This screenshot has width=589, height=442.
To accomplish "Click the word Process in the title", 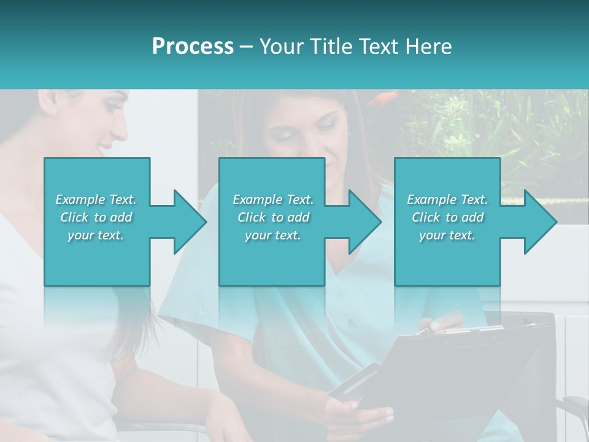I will pyautogui.click(x=193, y=46).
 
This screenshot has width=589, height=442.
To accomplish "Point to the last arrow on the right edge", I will pyautogui.click(x=532, y=221).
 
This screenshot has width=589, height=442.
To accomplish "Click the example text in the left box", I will pyautogui.click(x=96, y=217).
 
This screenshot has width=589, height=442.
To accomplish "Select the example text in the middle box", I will pyautogui.click(x=273, y=217).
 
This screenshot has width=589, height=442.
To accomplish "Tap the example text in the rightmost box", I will pyautogui.click(x=447, y=217).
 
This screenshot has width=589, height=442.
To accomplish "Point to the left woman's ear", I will pyautogui.click(x=48, y=105).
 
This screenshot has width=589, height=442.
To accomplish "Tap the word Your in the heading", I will pyautogui.click(x=282, y=46).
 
